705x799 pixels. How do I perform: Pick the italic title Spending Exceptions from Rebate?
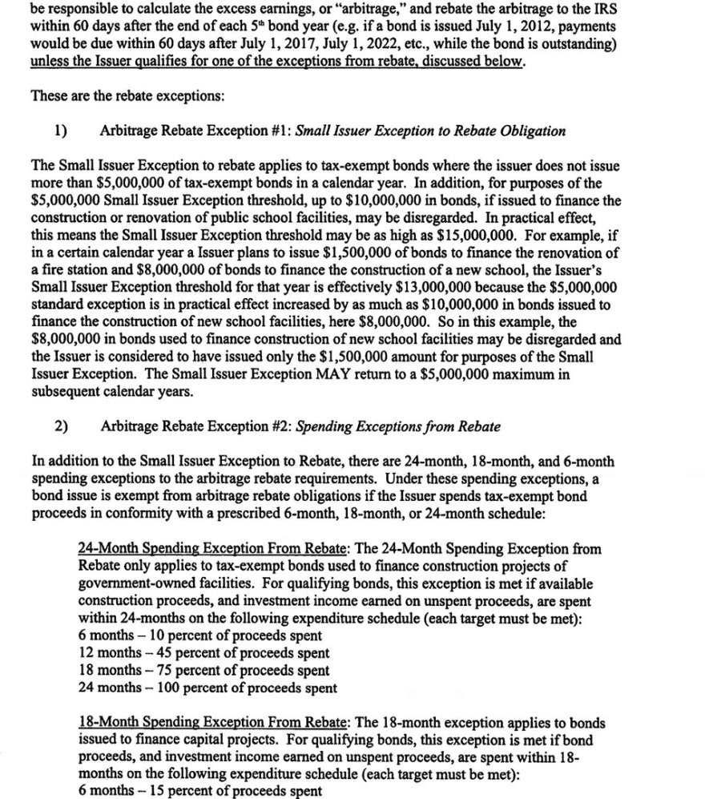(398, 426)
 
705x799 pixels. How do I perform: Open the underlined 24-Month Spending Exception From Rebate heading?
(212, 549)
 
